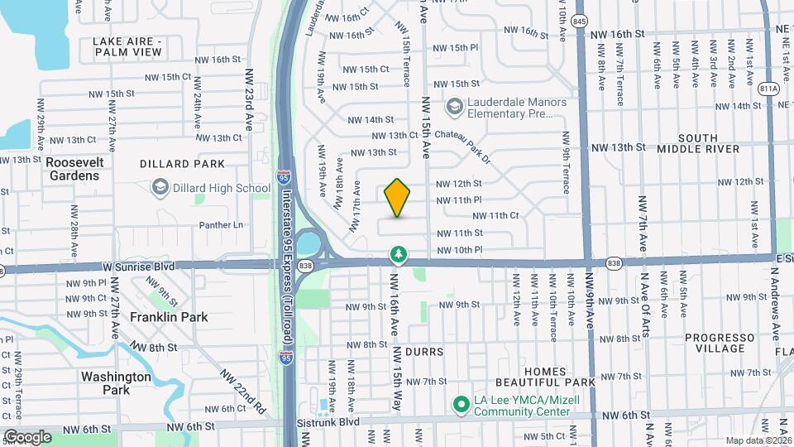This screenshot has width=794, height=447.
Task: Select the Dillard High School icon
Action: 158,189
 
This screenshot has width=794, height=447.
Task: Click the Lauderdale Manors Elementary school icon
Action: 454,106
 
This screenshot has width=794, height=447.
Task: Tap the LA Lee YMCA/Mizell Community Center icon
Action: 461,404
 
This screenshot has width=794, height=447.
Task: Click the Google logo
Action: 26,436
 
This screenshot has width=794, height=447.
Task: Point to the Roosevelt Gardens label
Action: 73,169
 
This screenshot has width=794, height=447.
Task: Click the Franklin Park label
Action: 169,317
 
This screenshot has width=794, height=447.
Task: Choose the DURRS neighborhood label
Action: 424,352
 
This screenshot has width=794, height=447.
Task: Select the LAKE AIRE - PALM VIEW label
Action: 127,46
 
